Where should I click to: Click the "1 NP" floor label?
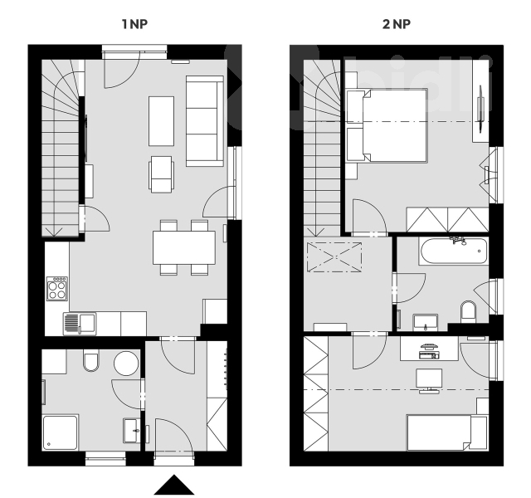[x=134, y=24]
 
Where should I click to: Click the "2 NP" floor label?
[x=397, y=24]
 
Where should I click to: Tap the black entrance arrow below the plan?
[x=174, y=485]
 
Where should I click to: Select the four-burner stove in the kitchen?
[x=57, y=288]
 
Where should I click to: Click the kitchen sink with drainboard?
[x=80, y=324]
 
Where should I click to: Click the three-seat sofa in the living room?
[x=205, y=121]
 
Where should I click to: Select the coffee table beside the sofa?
[x=161, y=121]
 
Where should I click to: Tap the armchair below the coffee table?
[x=162, y=174]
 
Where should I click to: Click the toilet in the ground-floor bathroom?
[x=91, y=362]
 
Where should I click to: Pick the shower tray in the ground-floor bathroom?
[x=61, y=432]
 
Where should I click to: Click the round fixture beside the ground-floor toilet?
[x=126, y=364]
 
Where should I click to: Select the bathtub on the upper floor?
[x=454, y=251]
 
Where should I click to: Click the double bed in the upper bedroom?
[x=387, y=125]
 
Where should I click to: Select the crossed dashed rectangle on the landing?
[x=334, y=257]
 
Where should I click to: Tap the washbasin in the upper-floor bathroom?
[x=426, y=322]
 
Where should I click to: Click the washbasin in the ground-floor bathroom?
[x=131, y=431]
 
